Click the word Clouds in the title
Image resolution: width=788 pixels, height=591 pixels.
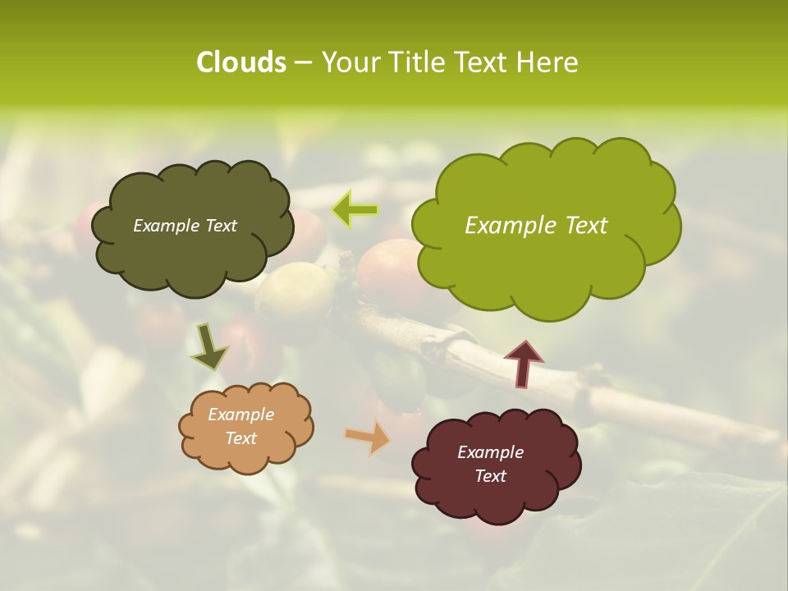pos(241,62)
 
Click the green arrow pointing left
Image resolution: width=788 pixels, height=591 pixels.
pos(355,210)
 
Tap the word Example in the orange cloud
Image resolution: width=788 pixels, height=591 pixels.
pos(241,415)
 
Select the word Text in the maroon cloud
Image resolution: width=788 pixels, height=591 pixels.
pos(490,476)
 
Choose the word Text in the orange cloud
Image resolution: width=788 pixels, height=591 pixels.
pos(241,438)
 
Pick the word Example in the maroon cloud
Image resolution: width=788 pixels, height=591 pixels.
pos(490,452)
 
